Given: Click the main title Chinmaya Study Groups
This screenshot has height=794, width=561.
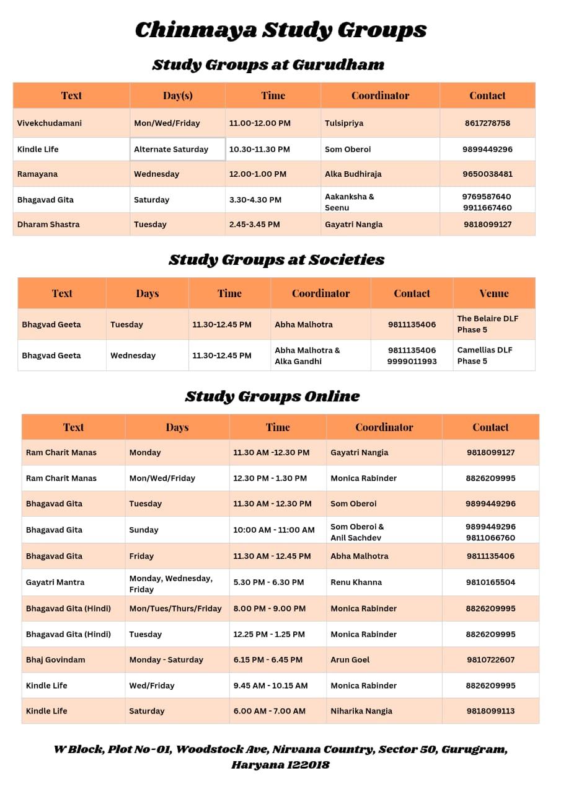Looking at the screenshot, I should click(280, 30).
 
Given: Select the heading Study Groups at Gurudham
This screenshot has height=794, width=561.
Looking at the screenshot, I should click(268, 65).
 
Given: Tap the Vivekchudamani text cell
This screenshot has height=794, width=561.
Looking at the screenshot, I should click(50, 123).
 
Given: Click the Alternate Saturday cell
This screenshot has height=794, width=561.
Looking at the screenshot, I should click(171, 149).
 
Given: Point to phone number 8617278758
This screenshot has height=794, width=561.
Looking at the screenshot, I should click(487, 123).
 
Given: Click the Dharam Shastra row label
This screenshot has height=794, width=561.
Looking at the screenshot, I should click(48, 224).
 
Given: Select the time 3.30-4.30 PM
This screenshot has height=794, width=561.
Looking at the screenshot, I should click(255, 200).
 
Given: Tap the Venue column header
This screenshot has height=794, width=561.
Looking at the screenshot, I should click(493, 293).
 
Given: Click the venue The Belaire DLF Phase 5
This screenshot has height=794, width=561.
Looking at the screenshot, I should click(487, 324).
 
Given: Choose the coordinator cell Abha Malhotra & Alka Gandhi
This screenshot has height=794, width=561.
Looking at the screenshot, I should click(307, 355).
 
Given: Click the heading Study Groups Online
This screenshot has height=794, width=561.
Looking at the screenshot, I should click(272, 396).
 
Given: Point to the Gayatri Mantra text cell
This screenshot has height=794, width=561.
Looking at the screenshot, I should click(55, 582).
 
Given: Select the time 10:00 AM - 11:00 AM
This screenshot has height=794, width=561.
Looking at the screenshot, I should click(274, 530).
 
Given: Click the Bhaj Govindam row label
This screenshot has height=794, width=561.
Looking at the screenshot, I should click(56, 659).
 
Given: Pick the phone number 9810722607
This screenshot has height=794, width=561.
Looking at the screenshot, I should click(490, 659).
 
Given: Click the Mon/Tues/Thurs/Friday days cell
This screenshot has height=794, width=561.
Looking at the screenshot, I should click(175, 608).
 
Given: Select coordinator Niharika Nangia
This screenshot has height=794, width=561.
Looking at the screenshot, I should click(361, 711).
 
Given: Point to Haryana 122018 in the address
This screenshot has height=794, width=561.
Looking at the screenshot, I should click(280, 765).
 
